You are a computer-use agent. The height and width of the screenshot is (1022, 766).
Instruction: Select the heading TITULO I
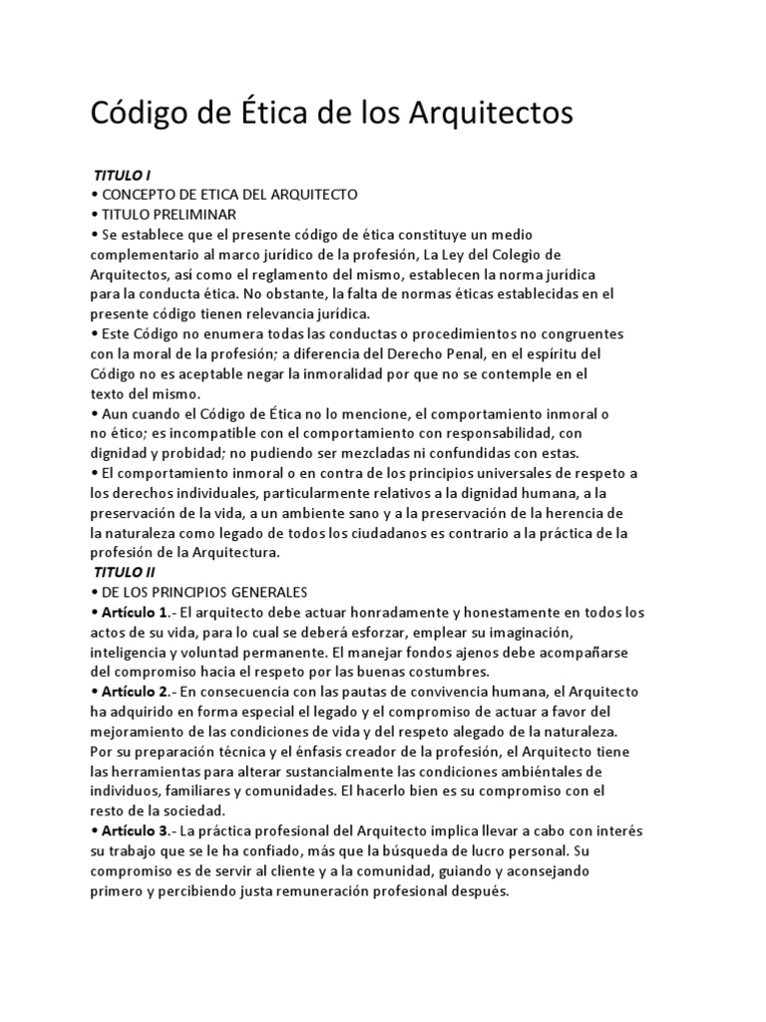(122, 175)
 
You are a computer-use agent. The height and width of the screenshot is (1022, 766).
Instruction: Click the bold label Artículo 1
(137, 612)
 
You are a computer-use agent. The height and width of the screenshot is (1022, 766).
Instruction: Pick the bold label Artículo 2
(137, 692)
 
